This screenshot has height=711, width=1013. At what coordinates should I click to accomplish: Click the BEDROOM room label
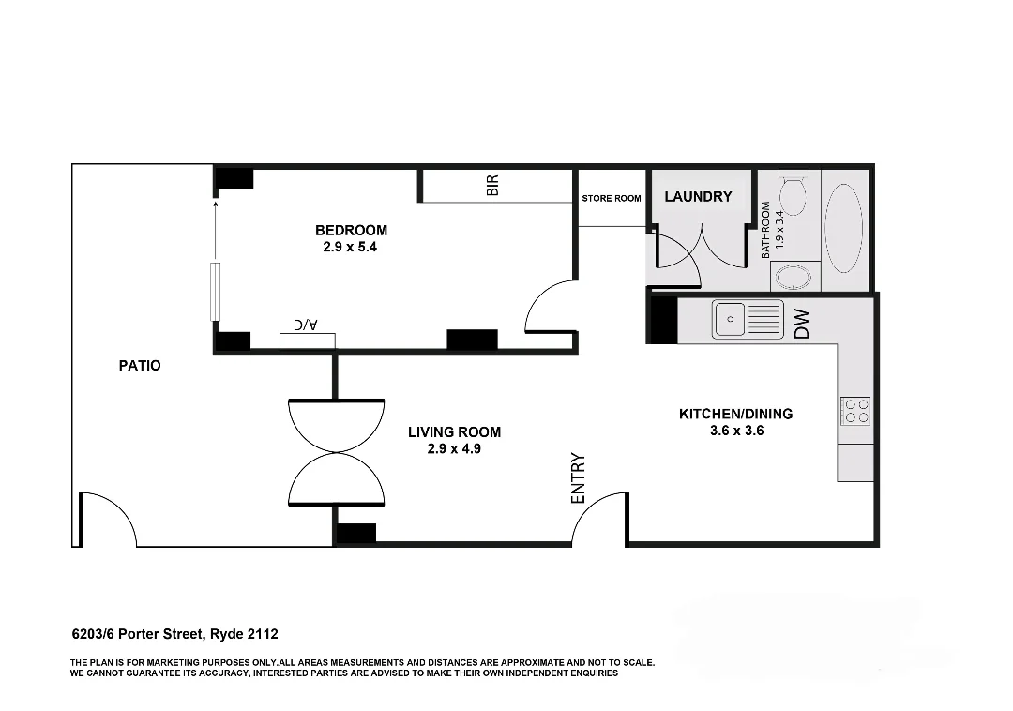(x=351, y=230)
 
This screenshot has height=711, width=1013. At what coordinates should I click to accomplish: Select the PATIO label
(x=140, y=365)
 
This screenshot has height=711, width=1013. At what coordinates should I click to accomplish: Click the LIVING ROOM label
(x=454, y=431)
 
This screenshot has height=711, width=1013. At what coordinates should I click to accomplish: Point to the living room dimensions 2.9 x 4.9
(x=454, y=448)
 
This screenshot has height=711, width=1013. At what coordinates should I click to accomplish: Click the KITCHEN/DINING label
(x=735, y=413)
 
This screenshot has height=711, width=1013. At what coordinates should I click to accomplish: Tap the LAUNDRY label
(x=698, y=196)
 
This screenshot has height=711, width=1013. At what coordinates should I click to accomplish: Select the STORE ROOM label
(x=612, y=198)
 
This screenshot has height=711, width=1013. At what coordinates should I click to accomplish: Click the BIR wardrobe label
(x=492, y=186)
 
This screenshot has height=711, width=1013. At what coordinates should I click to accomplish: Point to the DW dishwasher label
(x=802, y=325)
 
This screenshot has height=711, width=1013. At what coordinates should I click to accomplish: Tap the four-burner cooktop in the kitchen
(x=856, y=411)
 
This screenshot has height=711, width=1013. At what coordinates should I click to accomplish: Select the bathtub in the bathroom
(x=843, y=228)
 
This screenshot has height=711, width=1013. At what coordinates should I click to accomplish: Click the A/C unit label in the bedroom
(x=306, y=325)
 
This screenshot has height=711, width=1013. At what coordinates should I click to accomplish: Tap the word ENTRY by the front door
(x=578, y=478)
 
